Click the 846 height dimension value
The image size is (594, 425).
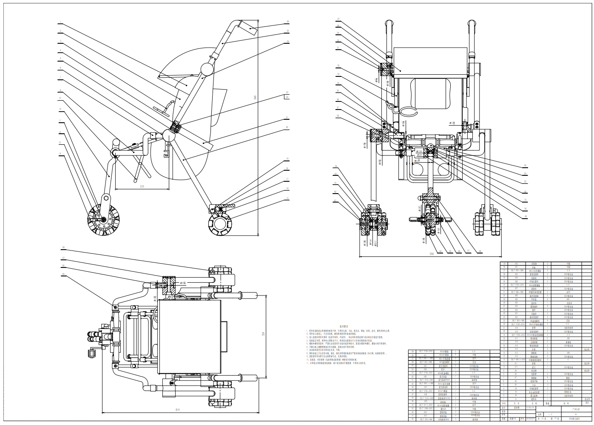[255, 98]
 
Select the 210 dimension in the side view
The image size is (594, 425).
[142, 186]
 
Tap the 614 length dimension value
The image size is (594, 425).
[178, 409]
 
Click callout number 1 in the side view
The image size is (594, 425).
[60, 22]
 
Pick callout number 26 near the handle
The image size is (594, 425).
[288, 21]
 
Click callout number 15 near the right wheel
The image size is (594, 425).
[287, 198]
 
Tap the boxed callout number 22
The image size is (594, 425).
[287, 97]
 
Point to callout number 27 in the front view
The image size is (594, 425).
[338, 19]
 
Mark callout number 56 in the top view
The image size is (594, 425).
[63, 248]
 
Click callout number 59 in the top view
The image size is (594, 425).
[63, 274]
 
